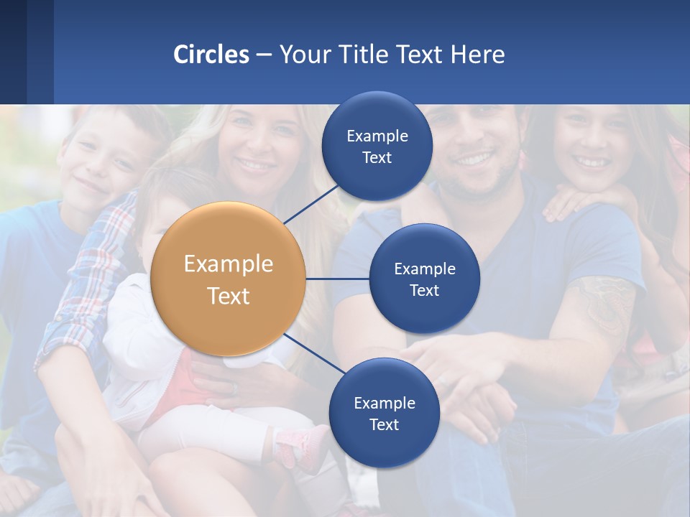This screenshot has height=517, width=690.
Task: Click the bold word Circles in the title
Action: (211, 54)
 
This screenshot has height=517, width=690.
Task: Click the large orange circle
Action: (228, 279)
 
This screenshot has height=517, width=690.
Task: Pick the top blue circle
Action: (377, 146)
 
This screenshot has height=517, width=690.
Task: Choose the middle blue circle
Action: (424, 279)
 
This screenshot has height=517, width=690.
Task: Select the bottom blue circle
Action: (384, 413)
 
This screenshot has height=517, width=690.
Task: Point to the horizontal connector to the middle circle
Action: (338, 279)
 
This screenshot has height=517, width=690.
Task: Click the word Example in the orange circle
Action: (228, 264)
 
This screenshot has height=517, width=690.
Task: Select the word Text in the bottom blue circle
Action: (384, 424)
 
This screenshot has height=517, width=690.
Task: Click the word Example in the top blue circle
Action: (377, 136)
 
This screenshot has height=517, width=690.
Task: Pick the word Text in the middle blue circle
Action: (424, 290)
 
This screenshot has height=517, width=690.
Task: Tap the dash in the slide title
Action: (264, 55)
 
